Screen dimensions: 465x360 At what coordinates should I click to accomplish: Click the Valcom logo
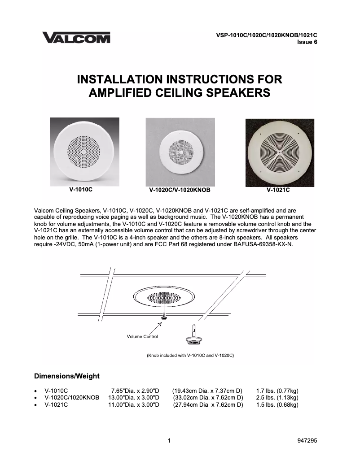[76, 38]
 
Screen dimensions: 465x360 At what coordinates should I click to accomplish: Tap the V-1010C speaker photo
[84, 152]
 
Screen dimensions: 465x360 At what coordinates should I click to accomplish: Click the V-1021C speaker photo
[280, 152]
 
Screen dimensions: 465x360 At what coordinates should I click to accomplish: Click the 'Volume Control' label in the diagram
[142, 336]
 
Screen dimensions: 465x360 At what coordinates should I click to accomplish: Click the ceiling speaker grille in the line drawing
[165, 297]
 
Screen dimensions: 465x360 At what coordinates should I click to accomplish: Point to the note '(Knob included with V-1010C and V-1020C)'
[190, 356]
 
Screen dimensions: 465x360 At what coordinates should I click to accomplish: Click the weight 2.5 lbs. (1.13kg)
[277, 398]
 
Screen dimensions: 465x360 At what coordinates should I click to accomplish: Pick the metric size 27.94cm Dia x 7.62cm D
[208, 405]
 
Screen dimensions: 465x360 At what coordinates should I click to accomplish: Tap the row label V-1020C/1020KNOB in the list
[72, 398]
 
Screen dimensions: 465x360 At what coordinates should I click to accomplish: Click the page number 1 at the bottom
[169, 441]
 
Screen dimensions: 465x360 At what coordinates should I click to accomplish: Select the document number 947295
[307, 441]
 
